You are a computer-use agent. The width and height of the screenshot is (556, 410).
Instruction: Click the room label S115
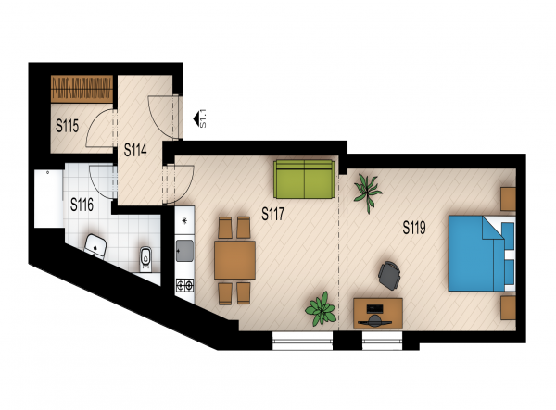(x=67, y=126)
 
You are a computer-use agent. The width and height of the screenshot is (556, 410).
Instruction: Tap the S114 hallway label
(x=135, y=150)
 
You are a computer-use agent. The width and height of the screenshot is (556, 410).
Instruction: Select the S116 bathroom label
(x=82, y=205)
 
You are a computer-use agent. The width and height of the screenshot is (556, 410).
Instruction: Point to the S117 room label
(x=273, y=214)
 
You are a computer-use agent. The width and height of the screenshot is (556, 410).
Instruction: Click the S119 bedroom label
(x=414, y=228)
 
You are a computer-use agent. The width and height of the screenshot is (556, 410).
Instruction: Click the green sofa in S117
(x=304, y=180)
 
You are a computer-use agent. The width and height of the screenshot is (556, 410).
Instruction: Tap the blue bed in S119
(x=481, y=253)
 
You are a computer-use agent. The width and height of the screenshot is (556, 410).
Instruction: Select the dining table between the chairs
(x=234, y=260)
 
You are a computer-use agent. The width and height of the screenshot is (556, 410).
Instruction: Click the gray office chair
(x=389, y=276)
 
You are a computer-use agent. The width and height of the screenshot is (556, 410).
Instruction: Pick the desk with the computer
(x=378, y=313)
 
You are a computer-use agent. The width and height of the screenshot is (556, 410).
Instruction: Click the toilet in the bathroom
(x=145, y=259)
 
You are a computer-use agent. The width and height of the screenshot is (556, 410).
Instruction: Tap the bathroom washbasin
(x=95, y=245)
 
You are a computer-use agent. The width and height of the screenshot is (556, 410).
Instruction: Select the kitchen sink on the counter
(x=184, y=251)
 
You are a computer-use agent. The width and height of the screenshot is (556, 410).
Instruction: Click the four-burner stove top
(x=185, y=285)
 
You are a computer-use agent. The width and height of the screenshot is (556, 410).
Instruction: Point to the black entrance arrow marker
(x=196, y=119)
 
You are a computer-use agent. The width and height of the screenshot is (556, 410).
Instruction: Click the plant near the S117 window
(x=321, y=309)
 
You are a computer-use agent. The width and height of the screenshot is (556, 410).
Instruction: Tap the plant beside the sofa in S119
(x=368, y=193)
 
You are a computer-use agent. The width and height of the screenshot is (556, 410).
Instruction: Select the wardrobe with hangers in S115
(x=82, y=89)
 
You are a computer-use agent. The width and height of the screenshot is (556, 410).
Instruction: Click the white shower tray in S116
(x=48, y=199)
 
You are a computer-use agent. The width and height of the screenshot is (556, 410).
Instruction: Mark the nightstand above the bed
(x=508, y=199)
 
